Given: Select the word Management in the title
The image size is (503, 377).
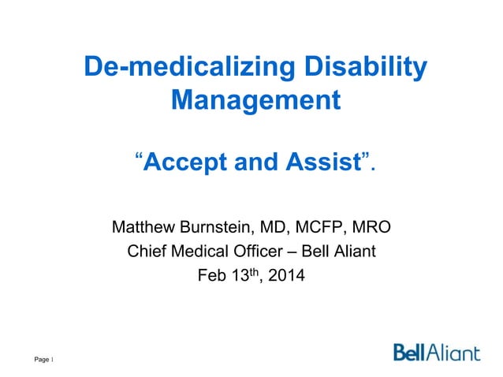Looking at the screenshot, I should [x=256, y=101].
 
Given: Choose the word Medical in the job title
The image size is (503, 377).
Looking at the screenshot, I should [x=199, y=252].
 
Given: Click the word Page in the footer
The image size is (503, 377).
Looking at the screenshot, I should [x=40, y=362].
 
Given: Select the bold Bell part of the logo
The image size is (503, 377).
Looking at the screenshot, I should [x=410, y=352].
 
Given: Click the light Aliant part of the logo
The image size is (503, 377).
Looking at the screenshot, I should [x=453, y=352].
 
